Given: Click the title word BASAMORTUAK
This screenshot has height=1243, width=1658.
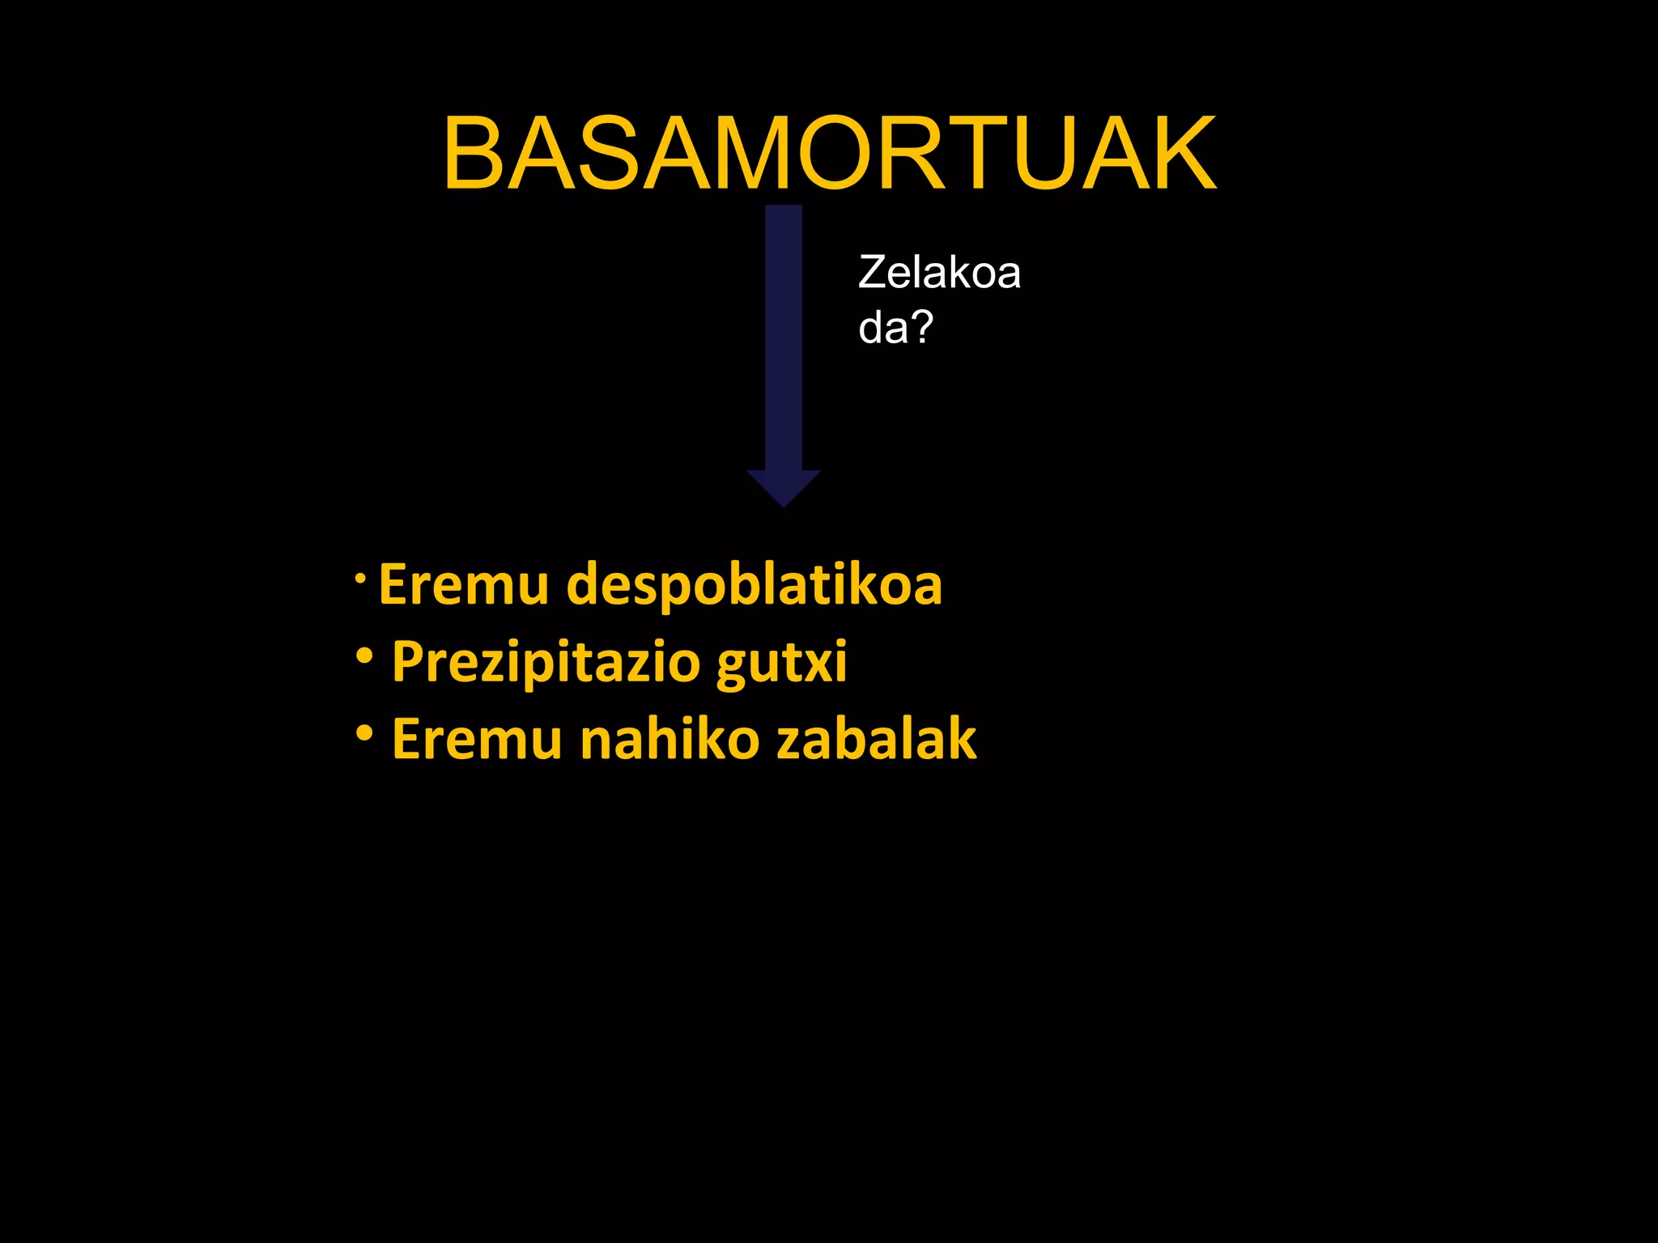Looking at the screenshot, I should [829, 154].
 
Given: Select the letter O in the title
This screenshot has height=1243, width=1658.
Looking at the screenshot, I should [844, 154].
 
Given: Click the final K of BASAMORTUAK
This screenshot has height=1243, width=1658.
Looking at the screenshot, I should [1178, 154].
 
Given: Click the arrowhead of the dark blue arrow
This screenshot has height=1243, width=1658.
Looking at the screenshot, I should [783, 487].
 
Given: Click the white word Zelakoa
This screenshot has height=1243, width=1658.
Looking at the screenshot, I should [939, 272].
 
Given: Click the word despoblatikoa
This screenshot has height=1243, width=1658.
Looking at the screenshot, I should [755, 584].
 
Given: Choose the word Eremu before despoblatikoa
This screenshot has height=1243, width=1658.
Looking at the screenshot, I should [464, 584].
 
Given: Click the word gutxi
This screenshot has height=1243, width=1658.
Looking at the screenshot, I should [782, 662].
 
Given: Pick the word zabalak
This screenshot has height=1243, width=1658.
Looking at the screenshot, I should [877, 739].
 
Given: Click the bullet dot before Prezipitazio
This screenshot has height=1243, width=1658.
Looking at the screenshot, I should [364, 655].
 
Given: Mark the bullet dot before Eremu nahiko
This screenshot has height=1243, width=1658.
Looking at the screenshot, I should [364, 733].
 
